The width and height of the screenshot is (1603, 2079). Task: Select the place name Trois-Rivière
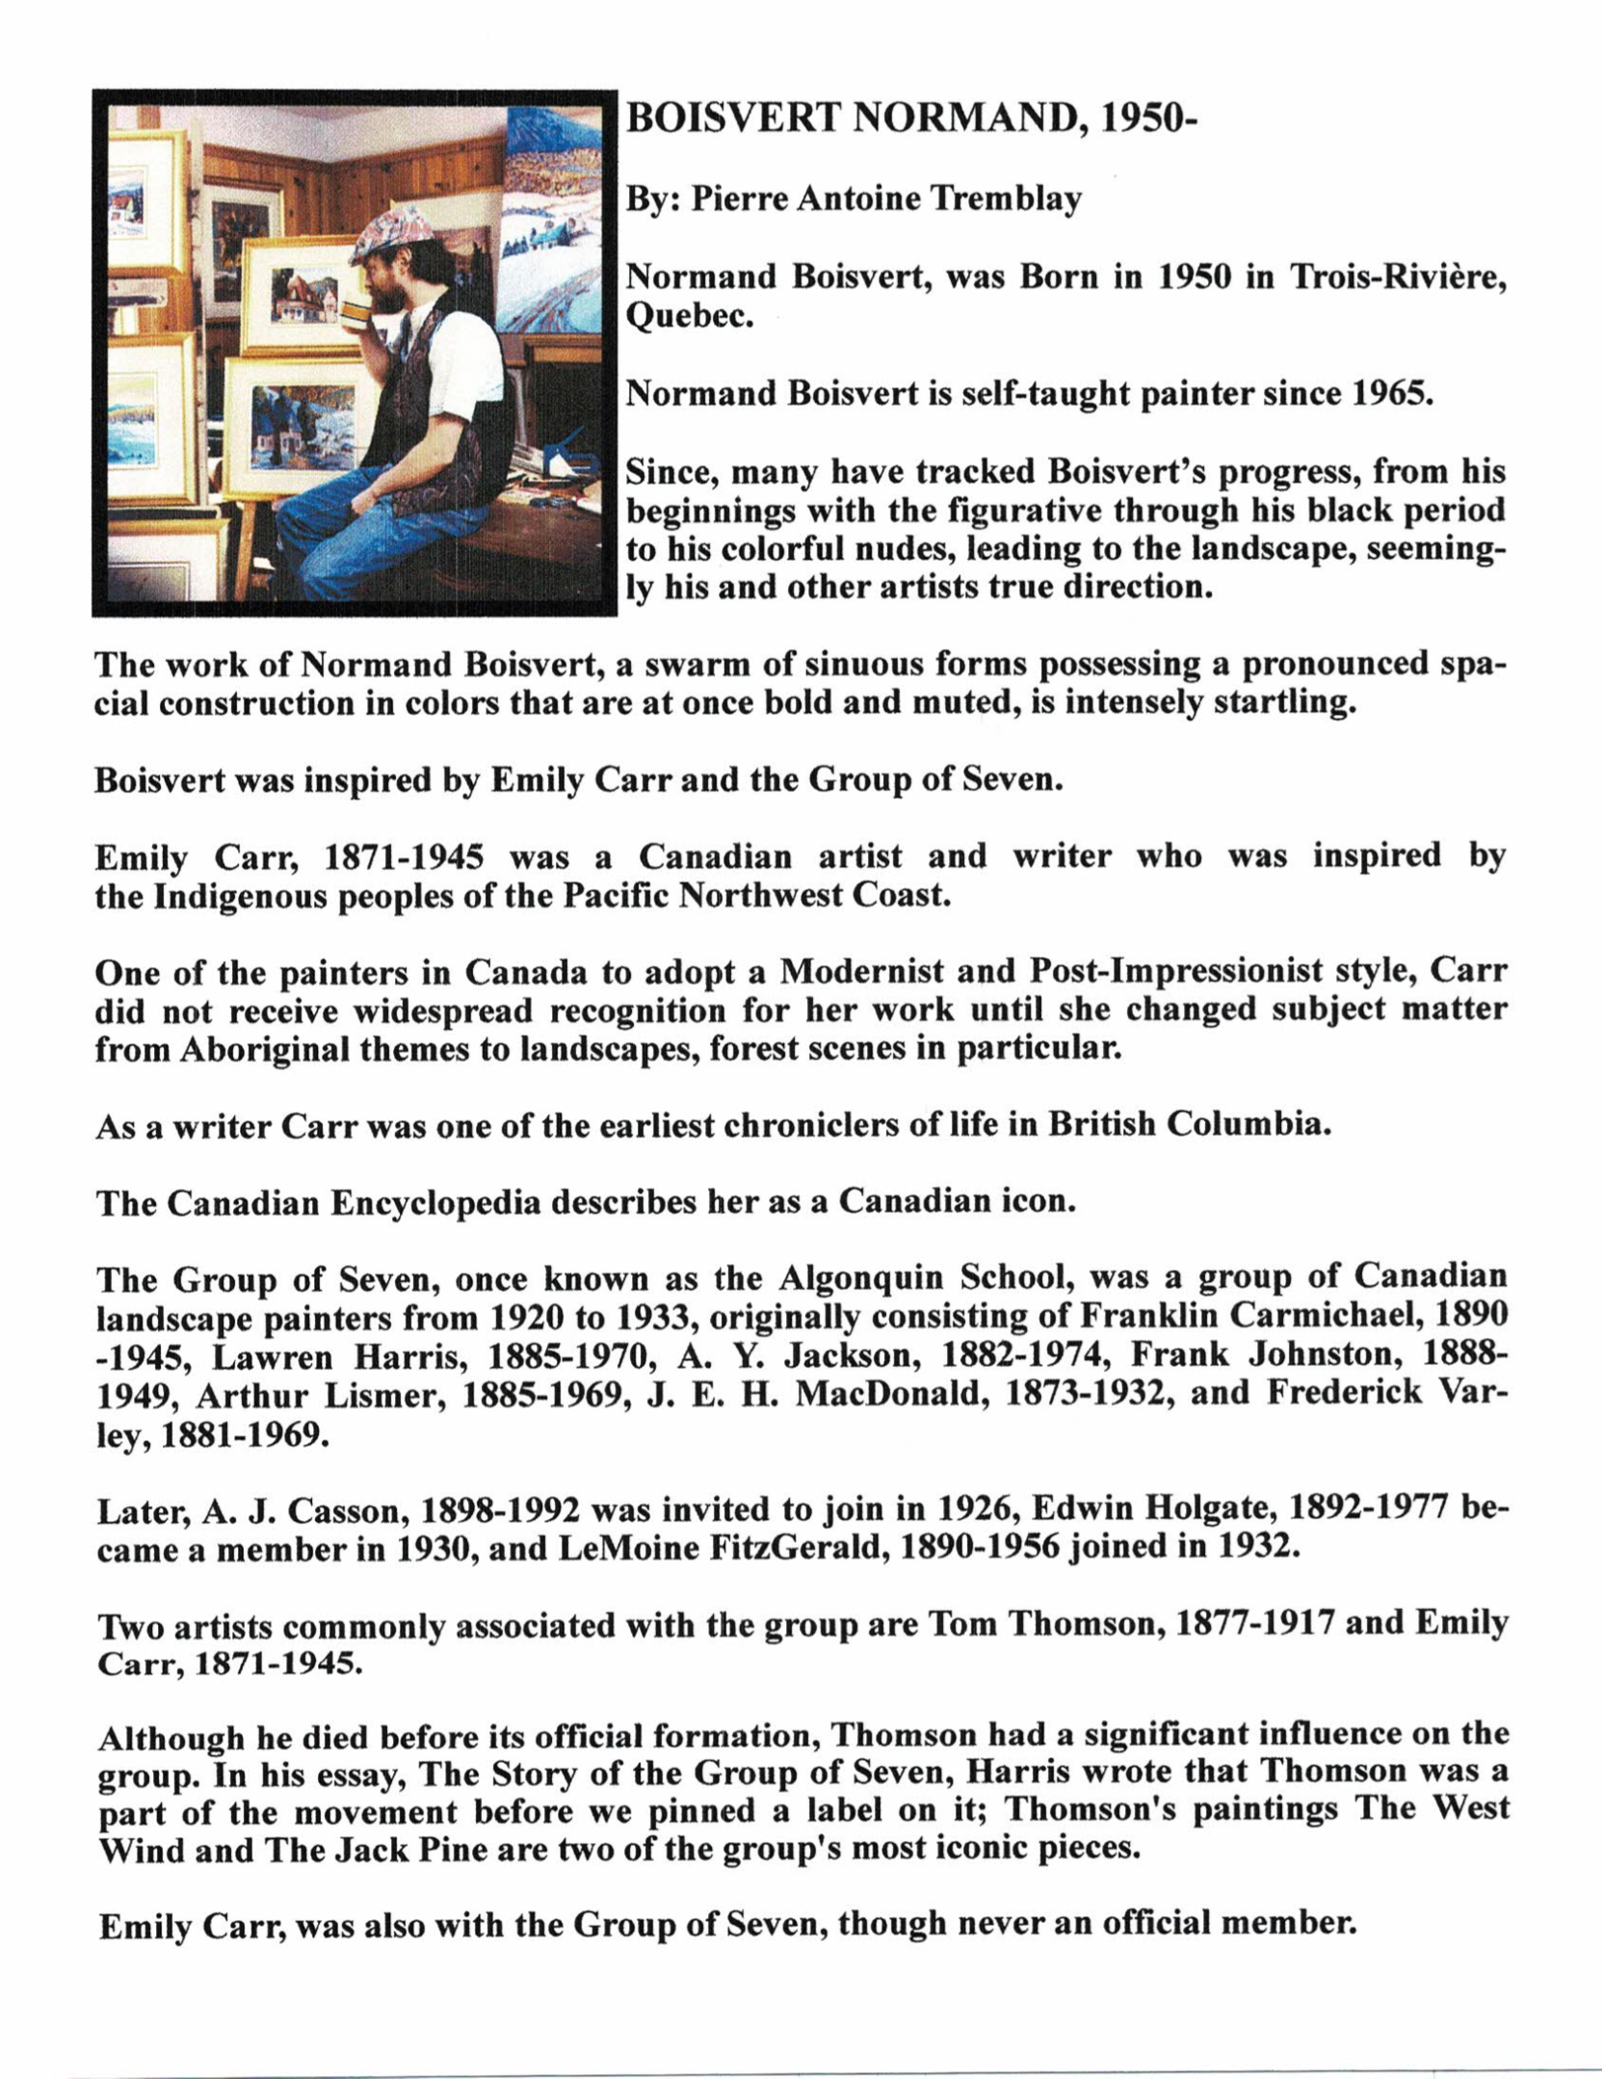coord(1398,276)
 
